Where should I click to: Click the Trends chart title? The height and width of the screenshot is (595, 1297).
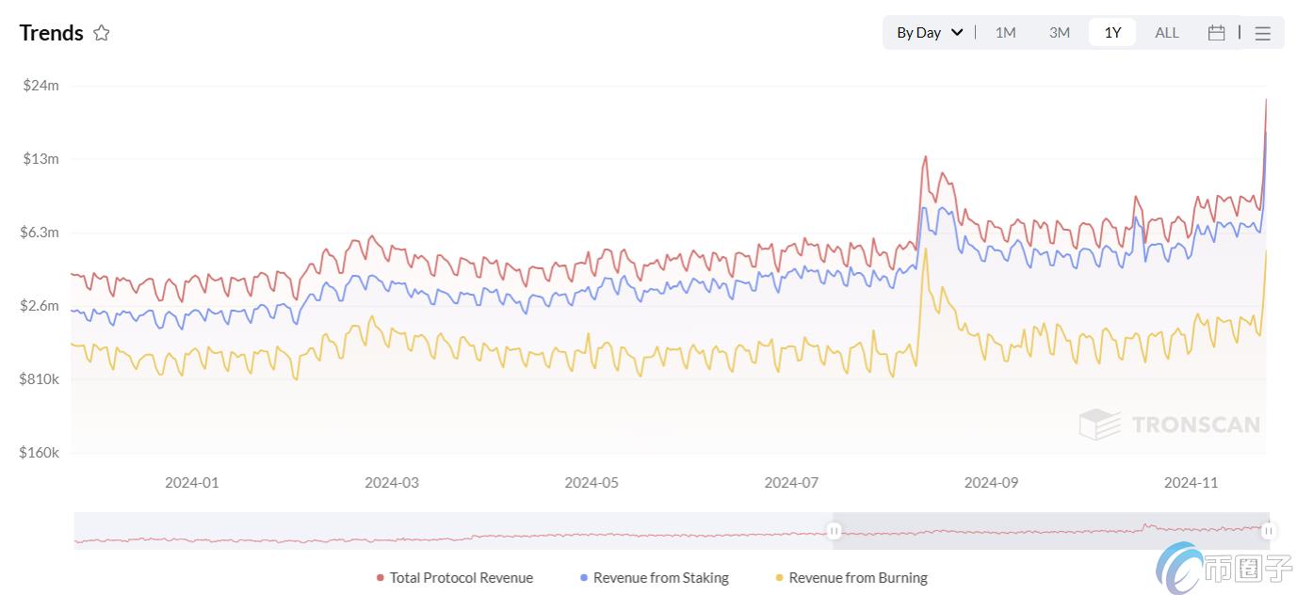[x=52, y=33]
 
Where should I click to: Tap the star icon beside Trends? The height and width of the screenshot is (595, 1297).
[x=102, y=33]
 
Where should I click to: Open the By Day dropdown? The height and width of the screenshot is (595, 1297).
[x=929, y=33]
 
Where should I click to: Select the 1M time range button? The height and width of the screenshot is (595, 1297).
[x=1005, y=33]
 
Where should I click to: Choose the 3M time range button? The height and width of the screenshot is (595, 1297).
[x=1059, y=33]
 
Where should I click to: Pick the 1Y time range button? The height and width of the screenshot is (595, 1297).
[x=1112, y=33]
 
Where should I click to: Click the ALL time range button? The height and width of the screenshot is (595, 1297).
[x=1166, y=33]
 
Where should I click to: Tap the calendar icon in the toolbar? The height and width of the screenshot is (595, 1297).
[x=1216, y=33]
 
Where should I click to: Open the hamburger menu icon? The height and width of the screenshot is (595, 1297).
[x=1263, y=33]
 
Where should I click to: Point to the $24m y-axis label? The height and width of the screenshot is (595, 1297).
[x=41, y=86]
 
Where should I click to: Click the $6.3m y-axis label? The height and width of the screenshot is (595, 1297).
[x=40, y=233]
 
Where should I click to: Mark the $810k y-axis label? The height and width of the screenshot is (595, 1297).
[x=40, y=379]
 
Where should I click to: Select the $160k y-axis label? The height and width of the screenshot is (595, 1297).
[x=40, y=453]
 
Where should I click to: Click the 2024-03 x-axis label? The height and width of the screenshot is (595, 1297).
[x=392, y=483]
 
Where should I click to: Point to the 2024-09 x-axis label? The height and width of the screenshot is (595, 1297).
[x=991, y=483]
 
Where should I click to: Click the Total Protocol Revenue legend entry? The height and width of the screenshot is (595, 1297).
[x=455, y=578]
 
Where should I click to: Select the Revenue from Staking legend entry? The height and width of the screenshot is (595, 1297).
[x=655, y=578]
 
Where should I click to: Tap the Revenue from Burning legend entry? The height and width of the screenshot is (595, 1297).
[x=851, y=578]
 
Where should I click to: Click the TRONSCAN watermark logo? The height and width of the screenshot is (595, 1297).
[x=1169, y=425]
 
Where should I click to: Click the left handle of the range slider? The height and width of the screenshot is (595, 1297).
[x=834, y=532]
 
